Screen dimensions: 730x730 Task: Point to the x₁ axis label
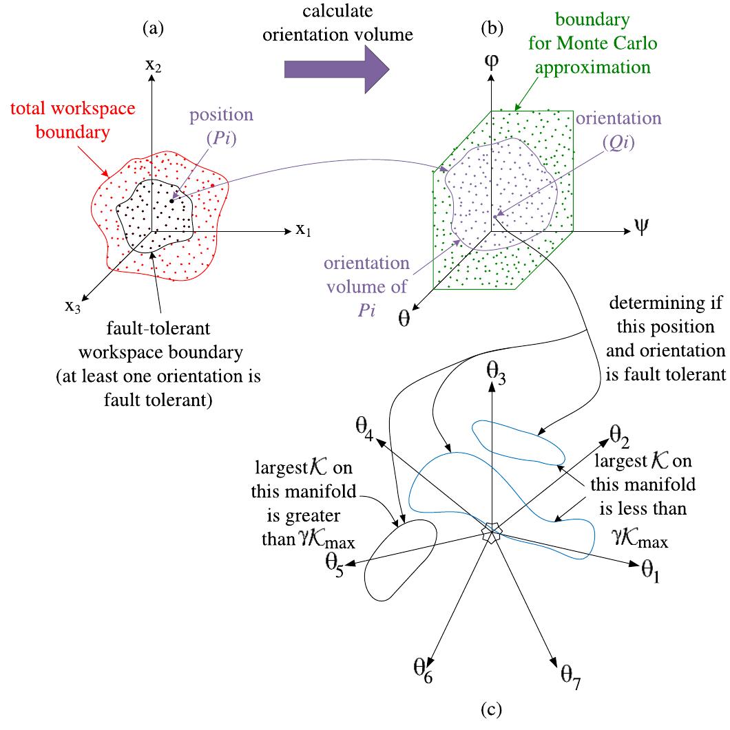click(304, 230)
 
